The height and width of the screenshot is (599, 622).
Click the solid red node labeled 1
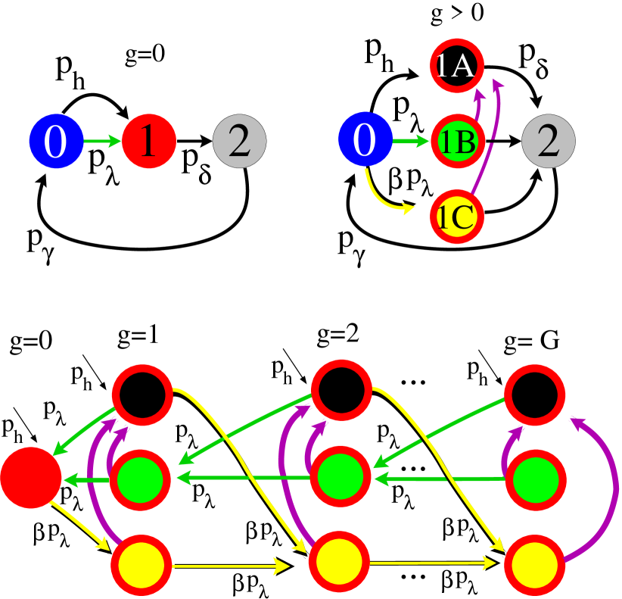pos(149,142)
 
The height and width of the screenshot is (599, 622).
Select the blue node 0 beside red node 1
pos(56,142)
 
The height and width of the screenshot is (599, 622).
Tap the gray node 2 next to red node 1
pos(239,142)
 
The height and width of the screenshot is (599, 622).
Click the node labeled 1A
pos(457,67)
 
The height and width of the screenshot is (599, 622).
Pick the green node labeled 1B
pos(457,142)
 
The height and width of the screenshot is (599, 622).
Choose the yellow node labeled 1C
pos(457,217)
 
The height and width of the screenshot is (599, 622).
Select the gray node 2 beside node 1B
pos(549,142)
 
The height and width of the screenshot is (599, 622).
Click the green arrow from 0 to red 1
pos(102,142)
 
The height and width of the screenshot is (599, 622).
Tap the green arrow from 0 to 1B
pos(411,142)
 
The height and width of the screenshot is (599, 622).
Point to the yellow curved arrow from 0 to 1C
pos(382,198)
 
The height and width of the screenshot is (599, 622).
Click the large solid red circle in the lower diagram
pos(30,478)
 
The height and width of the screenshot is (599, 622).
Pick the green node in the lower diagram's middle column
pos(340,478)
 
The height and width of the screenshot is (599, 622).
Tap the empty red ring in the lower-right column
pos(535,395)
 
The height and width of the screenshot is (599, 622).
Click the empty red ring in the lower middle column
pos(341,389)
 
